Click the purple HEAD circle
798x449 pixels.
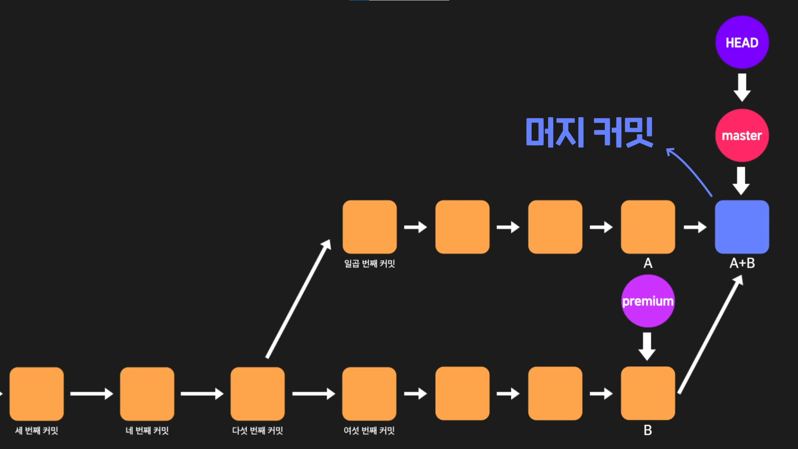[742, 42]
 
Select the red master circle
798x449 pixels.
[742, 136]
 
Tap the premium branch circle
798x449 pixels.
[648, 301]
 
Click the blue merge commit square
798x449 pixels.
[742, 227]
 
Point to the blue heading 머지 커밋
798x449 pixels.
[589, 132]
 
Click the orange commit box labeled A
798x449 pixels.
[648, 227]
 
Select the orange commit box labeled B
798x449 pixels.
[648, 393]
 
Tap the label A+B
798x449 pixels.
[742, 263]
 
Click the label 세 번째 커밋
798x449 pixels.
[37, 431]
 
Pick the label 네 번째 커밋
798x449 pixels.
[147, 431]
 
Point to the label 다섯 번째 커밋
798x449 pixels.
[258, 431]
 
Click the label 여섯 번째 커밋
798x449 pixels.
[369, 431]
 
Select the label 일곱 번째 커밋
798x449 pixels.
[369, 264]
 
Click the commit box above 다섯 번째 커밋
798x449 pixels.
[258, 393]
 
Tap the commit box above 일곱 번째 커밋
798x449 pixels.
[369, 227]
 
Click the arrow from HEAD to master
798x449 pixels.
[742, 87]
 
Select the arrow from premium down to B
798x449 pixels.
[647, 346]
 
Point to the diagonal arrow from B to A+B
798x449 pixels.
[710, 335]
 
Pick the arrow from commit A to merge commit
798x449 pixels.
[695, 227]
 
